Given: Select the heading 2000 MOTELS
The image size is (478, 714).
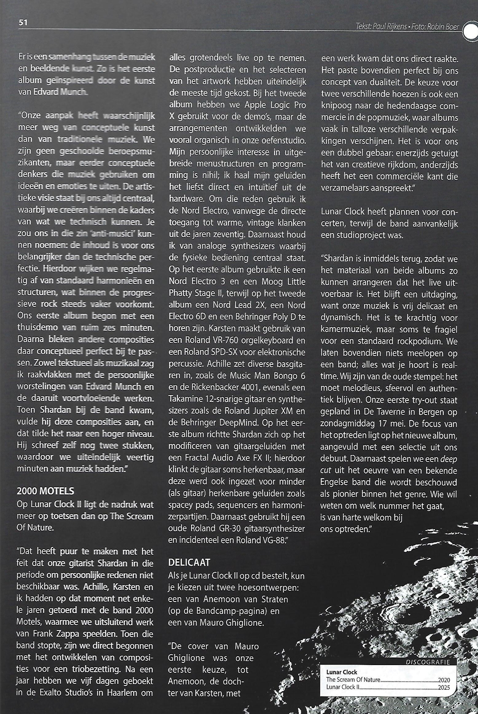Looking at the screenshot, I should [x=46, y=490].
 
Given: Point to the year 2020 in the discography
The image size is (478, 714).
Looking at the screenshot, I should [x=444, y=680].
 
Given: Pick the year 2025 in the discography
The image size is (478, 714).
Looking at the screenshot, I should [x=444, y=687].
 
